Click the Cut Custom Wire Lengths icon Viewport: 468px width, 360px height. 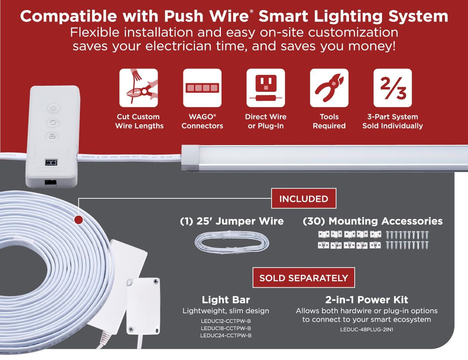(x=138, y=88)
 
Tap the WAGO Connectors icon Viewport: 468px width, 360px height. (x=202, y=88)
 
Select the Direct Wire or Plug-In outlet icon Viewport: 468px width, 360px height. (x=265, y=88)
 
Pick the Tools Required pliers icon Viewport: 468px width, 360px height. (x=329, y=88)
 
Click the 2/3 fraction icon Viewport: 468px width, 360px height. (x=392, y=88)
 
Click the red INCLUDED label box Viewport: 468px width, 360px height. (x=304, y=198)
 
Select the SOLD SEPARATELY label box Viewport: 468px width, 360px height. (x=304, y=278)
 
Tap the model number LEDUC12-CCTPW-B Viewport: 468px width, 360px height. (x=226, y=321)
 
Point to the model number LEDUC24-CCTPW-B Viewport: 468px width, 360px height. (x=226, y=336)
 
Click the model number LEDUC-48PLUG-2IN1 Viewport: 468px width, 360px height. (x=367, y=329)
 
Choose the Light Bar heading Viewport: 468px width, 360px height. (x=226, y=300)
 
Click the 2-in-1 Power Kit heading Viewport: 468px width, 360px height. (x=367, y=300)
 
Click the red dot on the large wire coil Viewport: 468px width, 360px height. (x=78, y=219)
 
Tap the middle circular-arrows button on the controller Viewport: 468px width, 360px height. (x=53, y=122)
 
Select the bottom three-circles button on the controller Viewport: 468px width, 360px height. (x=53, y=136)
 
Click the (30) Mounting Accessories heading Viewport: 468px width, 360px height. (x=373, y=221)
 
